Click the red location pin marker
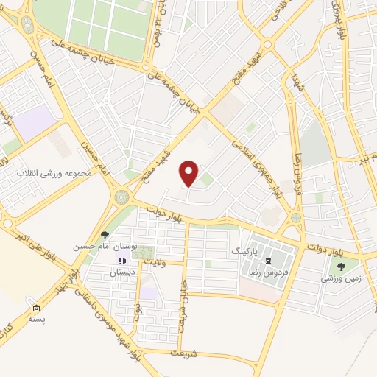click(190, 173)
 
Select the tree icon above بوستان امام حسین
click(105, 235)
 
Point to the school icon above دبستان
click(122, 261)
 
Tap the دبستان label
click(124, 272)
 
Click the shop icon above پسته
click(36, 307)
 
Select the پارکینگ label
click(246, 250)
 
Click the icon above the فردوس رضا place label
click(269, 260)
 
